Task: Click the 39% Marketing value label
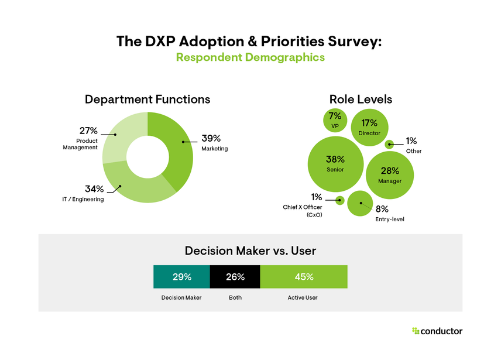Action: point(211,139)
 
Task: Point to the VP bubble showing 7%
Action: point(335,119)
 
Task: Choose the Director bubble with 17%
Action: point(369,127)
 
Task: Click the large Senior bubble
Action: point(335,163)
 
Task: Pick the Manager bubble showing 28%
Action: point(390,175)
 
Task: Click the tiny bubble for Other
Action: point(389,144)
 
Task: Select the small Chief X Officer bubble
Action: point(339,201)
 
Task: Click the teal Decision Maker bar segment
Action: point(181,277)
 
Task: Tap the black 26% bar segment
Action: point(235,277)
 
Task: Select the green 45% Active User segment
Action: point(304,277)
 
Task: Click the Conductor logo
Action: point(437,331)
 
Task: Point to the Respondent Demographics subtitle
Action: point(250,57)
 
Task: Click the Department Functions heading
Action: point(147,100)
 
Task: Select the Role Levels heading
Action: point(361,100)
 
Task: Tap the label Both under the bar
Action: point(235,297)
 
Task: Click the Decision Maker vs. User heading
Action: point(250,251)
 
